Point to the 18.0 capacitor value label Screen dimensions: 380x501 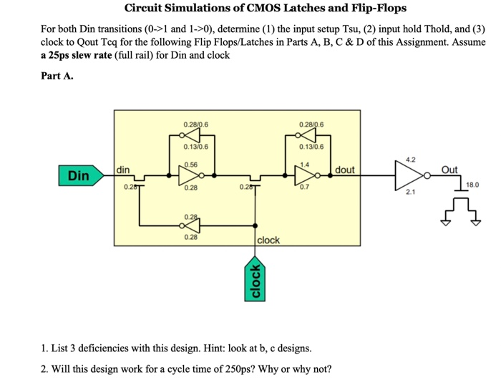click(x=472, y=185)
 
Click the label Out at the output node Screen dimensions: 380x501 click(x=449, y=170)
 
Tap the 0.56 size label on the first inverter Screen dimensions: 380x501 click(x=190, y=164)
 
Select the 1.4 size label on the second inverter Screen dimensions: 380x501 click(x=306, y=164)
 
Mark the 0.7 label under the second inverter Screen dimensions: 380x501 click(x=306, y=187)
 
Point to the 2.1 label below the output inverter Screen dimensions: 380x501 click(x=409, y=193)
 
